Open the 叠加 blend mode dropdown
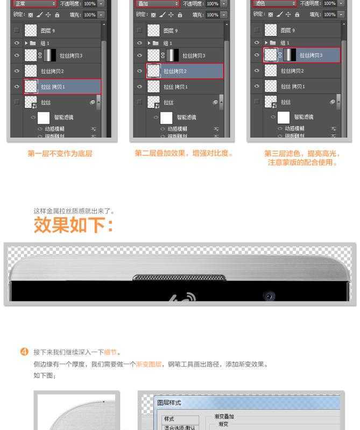click(x=156, y=4)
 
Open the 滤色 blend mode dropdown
click(x=274, y=4)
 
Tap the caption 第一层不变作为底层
click(x=60, y=154)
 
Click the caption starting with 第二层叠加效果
click(x=184, y=154)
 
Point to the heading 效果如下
click(x=74, y=225)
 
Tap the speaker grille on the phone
click(x=179, y=278)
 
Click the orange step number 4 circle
click(x=24, y=353)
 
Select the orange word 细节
click(x=110, y=353)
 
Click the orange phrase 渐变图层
click(x=149, y=364)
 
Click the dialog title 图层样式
click(x=169, y=403)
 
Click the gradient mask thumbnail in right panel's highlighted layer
click(x=290, y=55)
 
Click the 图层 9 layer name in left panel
click(x=47, y=31)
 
